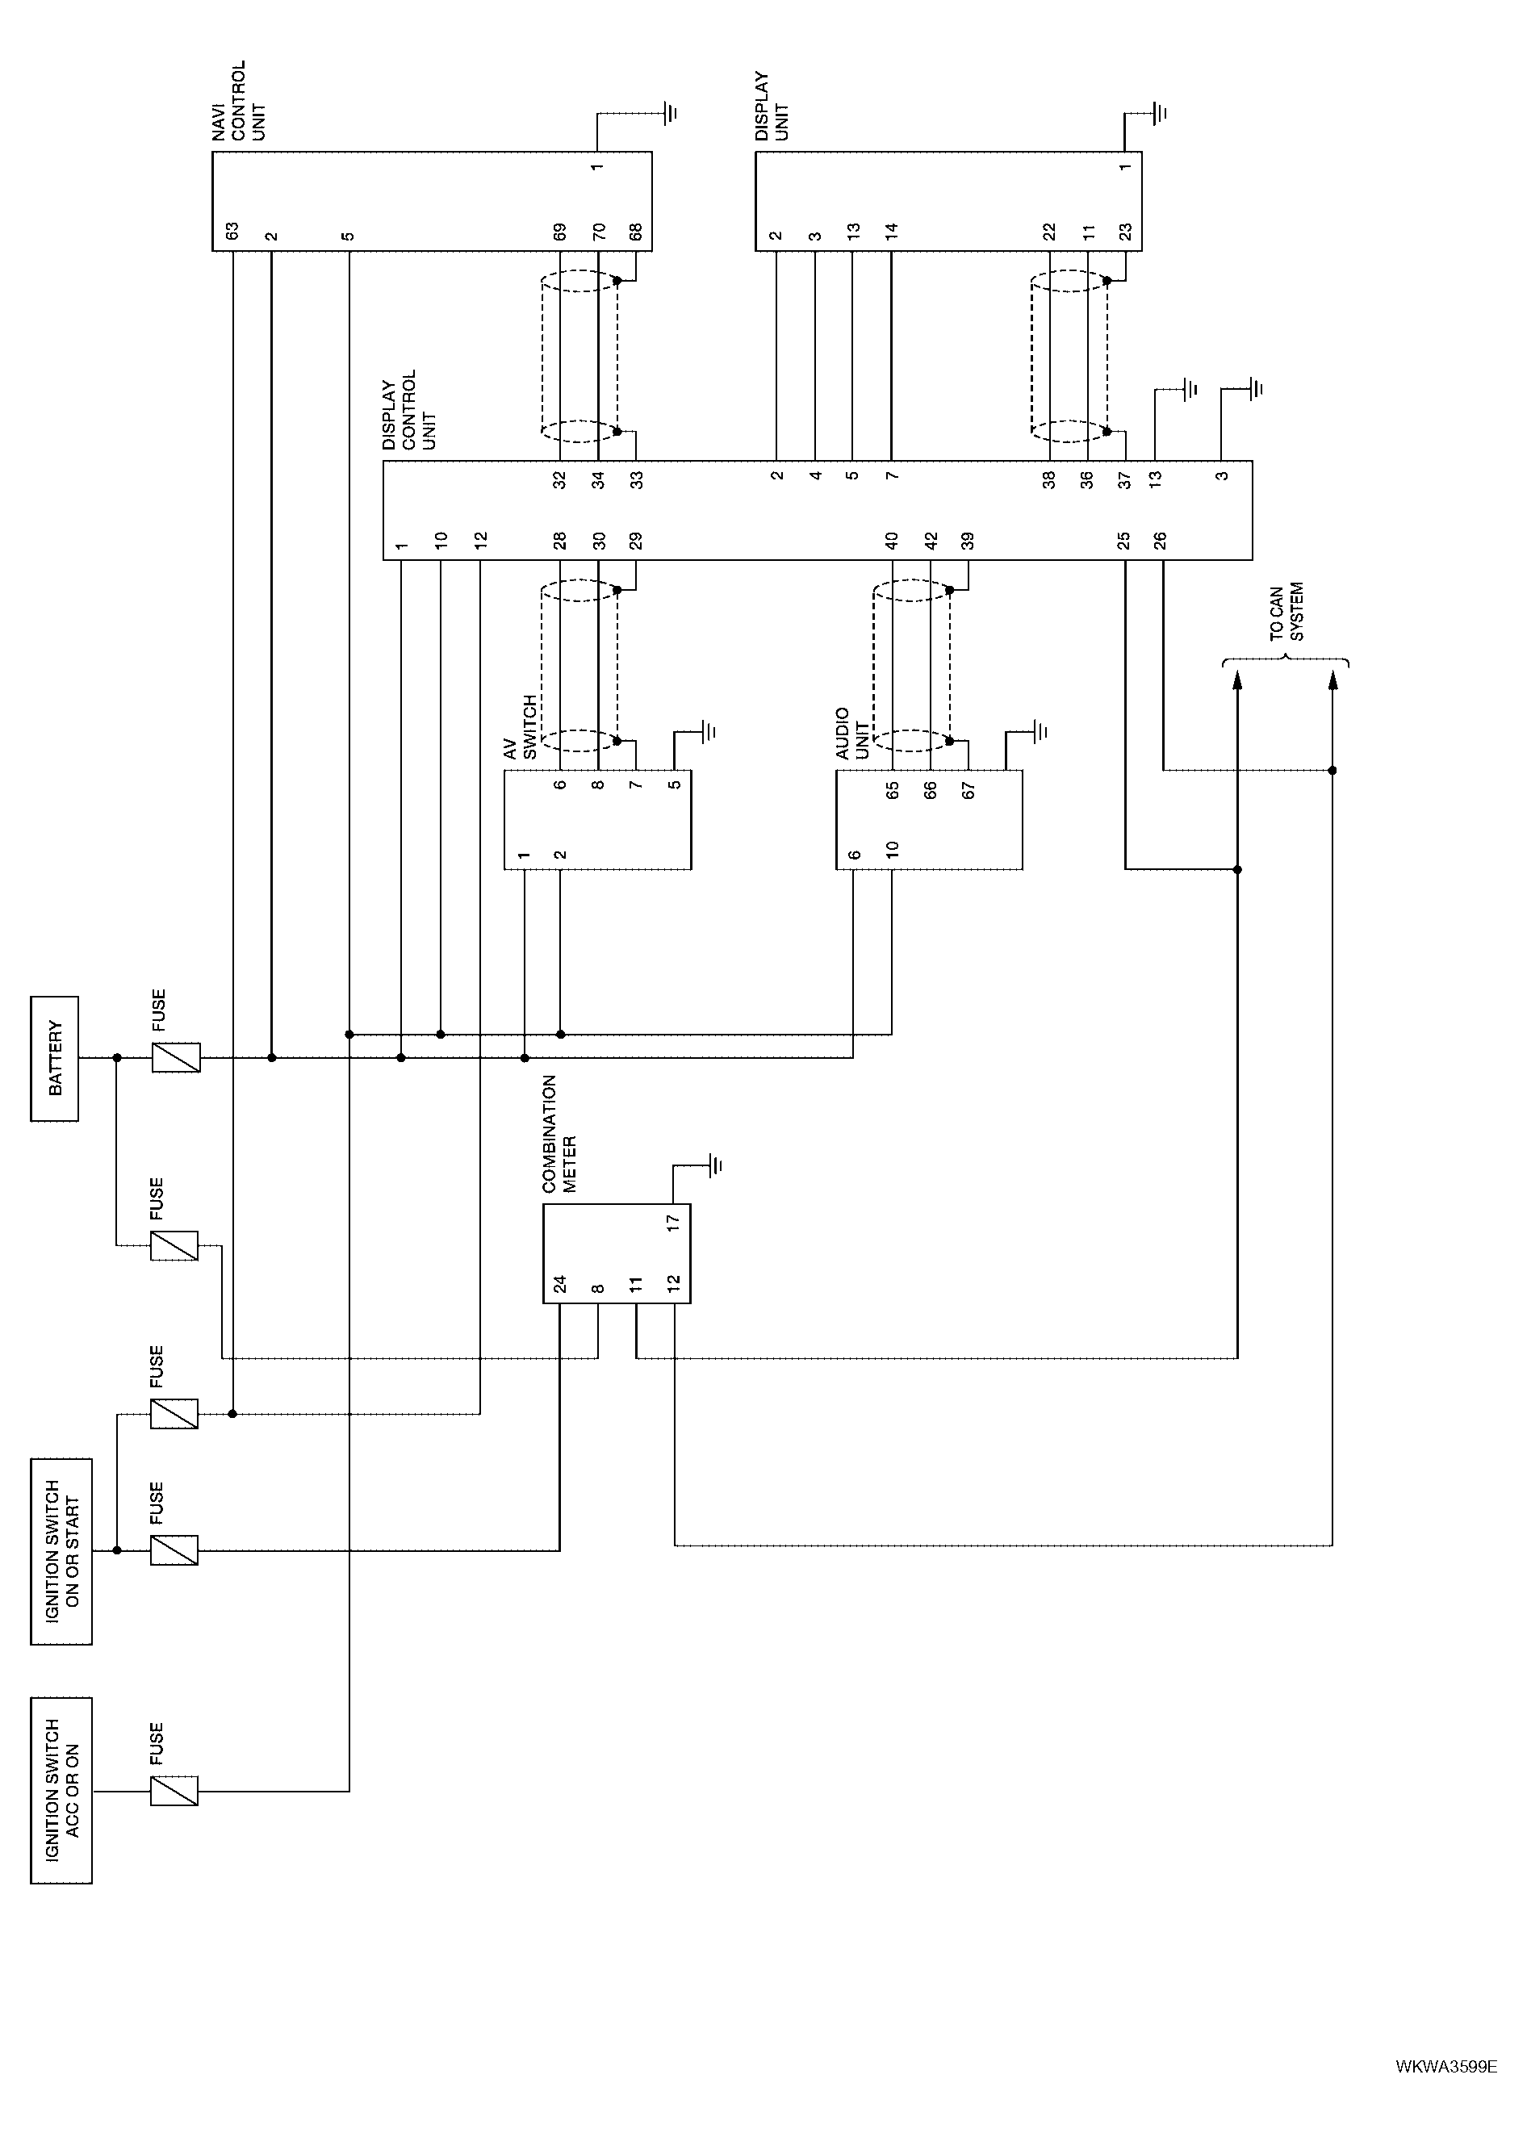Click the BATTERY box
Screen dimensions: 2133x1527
coord(55,1059)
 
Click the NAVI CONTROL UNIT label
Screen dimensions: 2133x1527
coord(239,102)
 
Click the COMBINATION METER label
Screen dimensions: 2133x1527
coord(559,1135)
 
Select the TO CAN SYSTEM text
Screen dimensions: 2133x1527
coord(1286,613)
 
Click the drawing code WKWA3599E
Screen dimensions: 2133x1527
coord(1445,2066)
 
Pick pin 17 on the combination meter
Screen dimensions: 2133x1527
coord(672,1223)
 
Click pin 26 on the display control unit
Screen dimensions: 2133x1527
coord(1161,541)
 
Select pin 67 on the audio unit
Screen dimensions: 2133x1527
coord(968,791)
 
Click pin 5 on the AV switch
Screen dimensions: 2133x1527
coord(674,784)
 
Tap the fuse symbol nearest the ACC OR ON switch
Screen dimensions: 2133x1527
coord(175,1791)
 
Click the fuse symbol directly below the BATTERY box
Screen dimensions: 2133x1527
coord(177,1059)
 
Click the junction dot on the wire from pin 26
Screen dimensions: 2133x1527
coord(1332,771)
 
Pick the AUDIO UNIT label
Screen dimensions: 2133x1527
coord(852,734)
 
